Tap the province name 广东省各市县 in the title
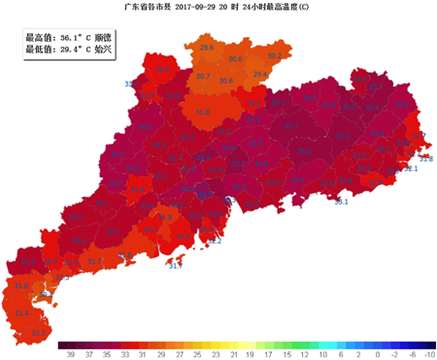point(146,7)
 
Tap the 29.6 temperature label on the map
point(207,47)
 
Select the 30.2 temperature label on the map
point(273,56)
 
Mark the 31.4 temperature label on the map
point(22,313)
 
